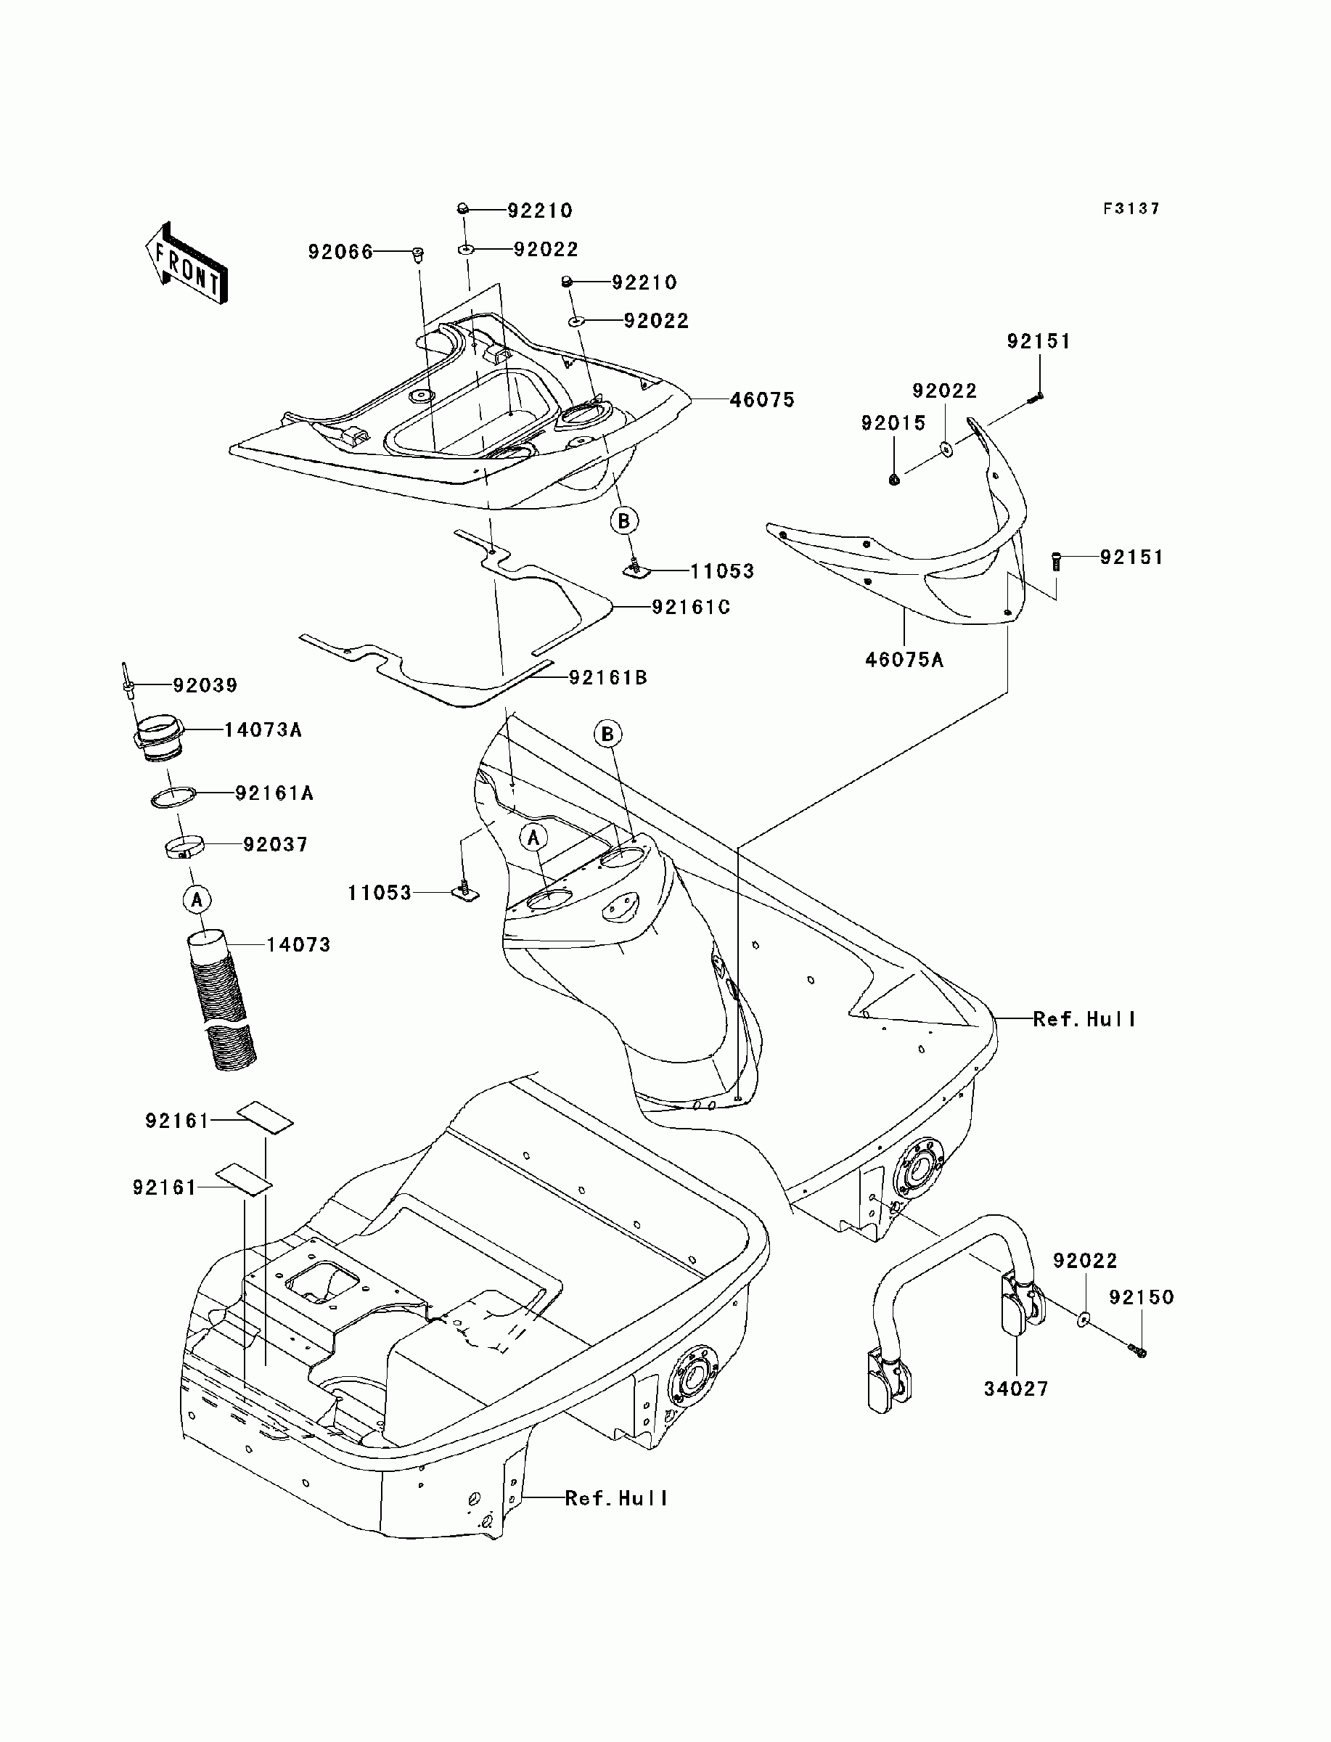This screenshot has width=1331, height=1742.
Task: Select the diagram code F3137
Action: click(1131, 208)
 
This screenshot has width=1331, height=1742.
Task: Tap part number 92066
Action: click(340, 252)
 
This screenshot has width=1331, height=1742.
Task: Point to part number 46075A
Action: click(904, 659)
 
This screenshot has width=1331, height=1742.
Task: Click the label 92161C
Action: click(691, 607)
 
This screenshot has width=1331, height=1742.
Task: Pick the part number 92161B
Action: click(607, 677)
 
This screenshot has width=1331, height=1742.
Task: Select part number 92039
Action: click(205, 685)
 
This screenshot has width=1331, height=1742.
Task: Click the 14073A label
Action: click(263, 729)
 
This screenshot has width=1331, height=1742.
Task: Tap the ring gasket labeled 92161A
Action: click(173, 797)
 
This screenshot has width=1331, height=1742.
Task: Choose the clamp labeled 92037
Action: click(184, 848)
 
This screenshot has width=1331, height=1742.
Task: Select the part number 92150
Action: click(1141, 1298)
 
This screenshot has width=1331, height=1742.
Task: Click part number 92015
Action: click(893, 424)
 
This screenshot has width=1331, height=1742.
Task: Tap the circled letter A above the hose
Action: click(197, 899)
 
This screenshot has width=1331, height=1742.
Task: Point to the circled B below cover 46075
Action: click(624, 520)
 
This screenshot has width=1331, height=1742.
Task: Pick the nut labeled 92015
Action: click(894, 478)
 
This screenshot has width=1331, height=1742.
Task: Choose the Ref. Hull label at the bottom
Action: click(616, 1499)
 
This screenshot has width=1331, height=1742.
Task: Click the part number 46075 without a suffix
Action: click(762, 400)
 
